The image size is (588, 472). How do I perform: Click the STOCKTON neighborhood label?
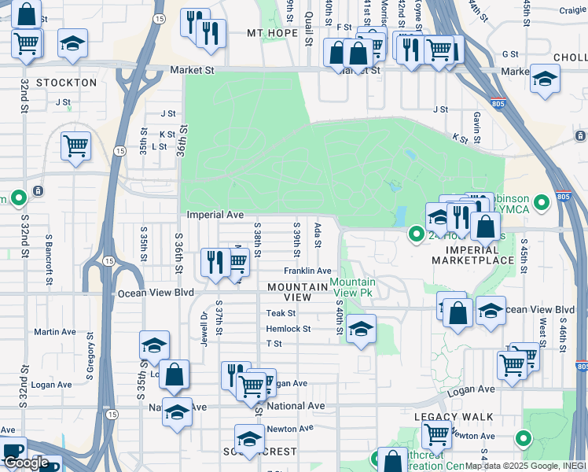(66, 82)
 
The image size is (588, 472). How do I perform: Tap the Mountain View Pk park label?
(352, 287)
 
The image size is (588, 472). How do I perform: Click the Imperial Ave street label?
(215, 214)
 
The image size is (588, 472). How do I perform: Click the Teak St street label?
(280, 313)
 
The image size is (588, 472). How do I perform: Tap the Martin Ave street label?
(55, 332)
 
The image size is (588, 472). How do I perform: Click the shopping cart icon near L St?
(75, 146)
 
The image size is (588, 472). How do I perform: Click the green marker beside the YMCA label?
(541, 204)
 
